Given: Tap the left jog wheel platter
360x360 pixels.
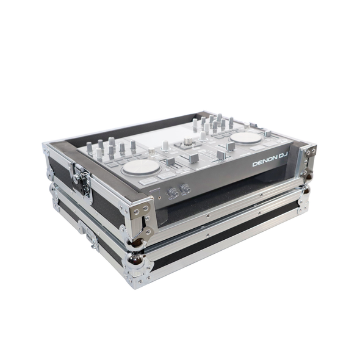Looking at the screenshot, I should coord(141,167).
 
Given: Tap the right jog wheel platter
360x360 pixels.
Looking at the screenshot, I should coord(247,138).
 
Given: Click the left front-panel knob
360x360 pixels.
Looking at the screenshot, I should coord(173,193).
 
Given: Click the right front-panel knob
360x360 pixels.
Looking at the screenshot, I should coord(185,189).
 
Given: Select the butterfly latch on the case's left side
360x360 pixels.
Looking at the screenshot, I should coord(79,178).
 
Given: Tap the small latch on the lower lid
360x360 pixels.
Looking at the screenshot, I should coord(92,237).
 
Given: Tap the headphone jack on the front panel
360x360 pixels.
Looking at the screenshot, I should coord(160,197).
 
